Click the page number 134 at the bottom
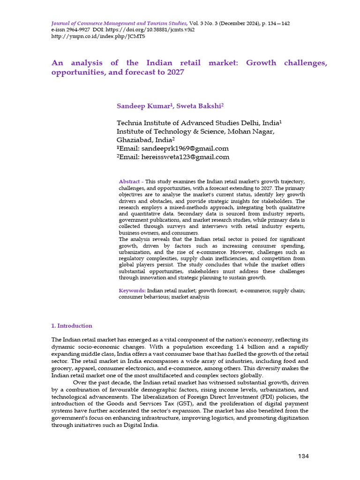303,456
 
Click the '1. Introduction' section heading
71,326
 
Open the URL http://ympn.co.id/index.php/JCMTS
90,37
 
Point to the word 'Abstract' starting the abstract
129,181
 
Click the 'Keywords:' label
132,291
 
